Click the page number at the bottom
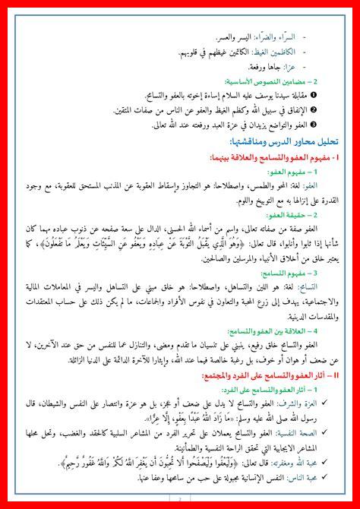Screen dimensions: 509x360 180,502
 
